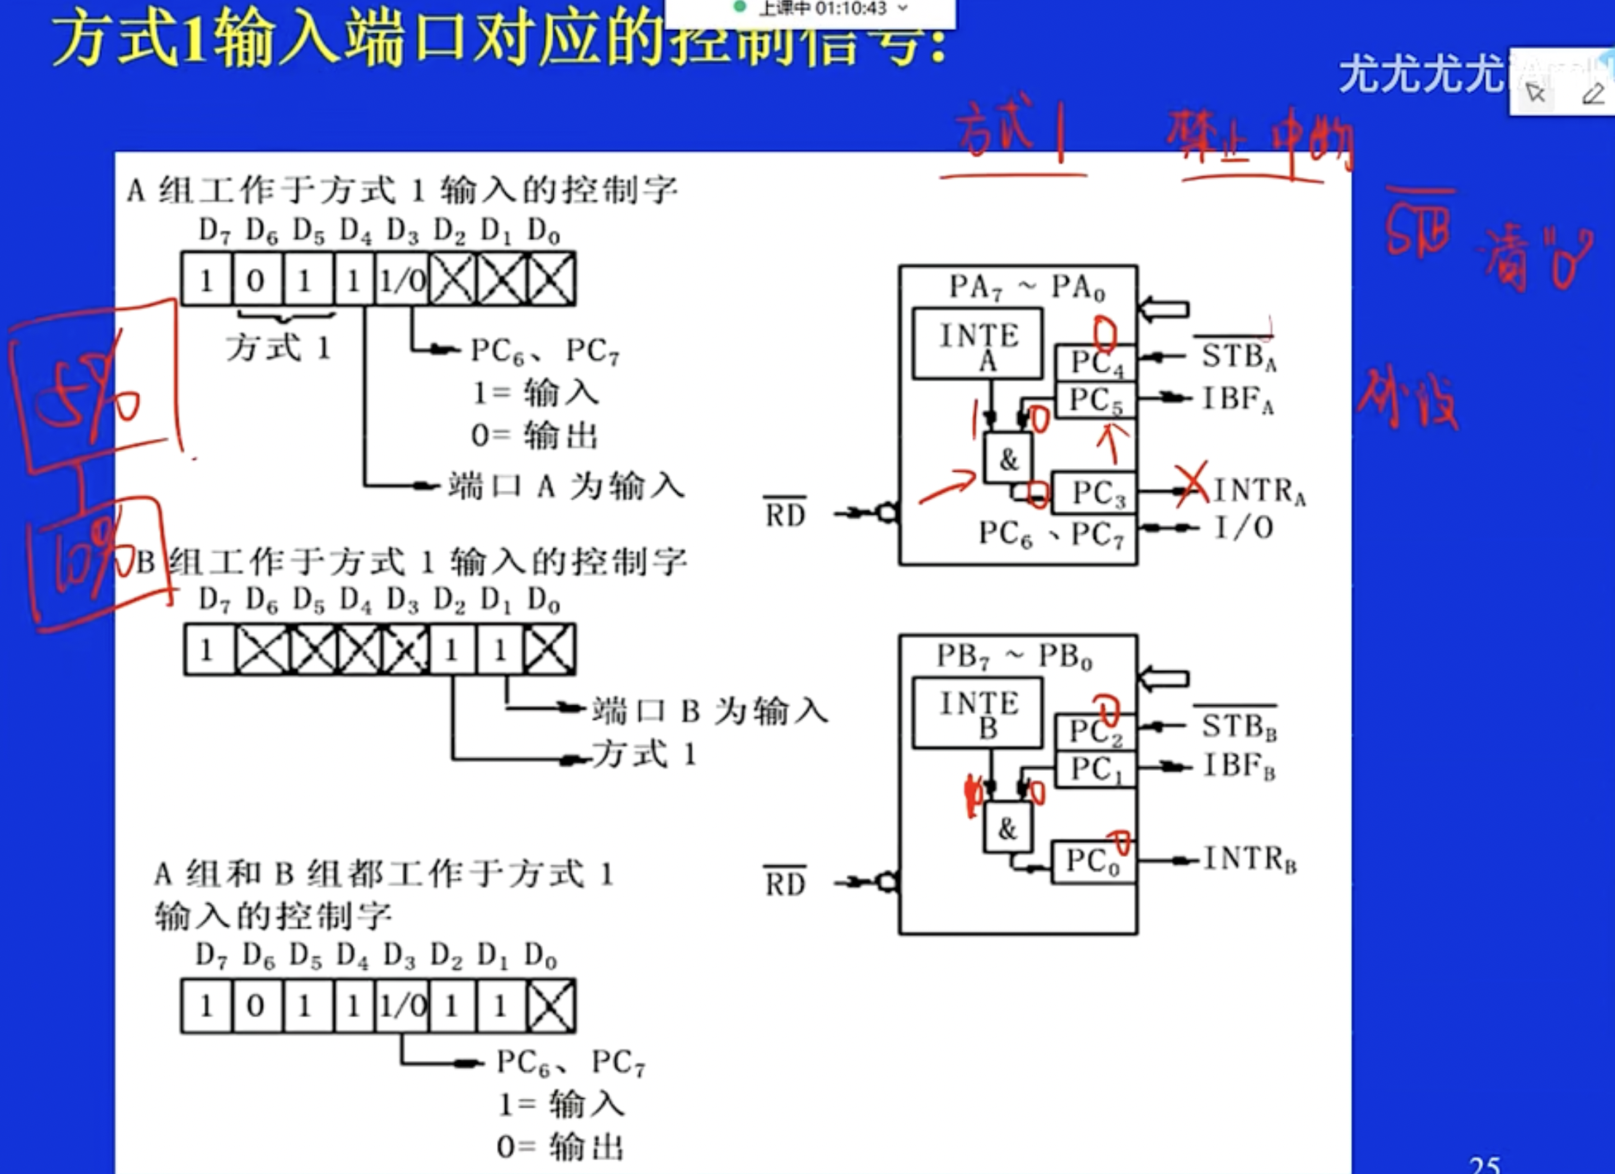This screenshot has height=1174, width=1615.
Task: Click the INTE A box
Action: tap(977, 343)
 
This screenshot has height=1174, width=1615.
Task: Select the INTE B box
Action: tap(977, 712)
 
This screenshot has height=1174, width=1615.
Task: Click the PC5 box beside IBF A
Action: tap(1096, 400)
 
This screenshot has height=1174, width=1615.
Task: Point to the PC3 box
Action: tap(1095, 492)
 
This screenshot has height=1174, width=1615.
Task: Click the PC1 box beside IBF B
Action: tap(1096, 769)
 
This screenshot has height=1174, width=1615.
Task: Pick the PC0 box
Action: tap(1093, 861)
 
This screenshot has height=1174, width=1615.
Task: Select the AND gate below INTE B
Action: tap(1008, 828)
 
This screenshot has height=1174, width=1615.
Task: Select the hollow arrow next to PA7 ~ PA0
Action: tap(1164, 309)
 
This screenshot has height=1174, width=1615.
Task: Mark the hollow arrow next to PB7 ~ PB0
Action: tap(1164, 679)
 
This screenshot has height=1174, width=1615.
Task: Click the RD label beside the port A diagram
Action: tap(785, 514)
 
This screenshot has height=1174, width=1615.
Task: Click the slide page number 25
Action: tap(1485, 1165)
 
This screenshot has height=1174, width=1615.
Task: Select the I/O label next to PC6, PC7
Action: tap(1244, 527)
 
